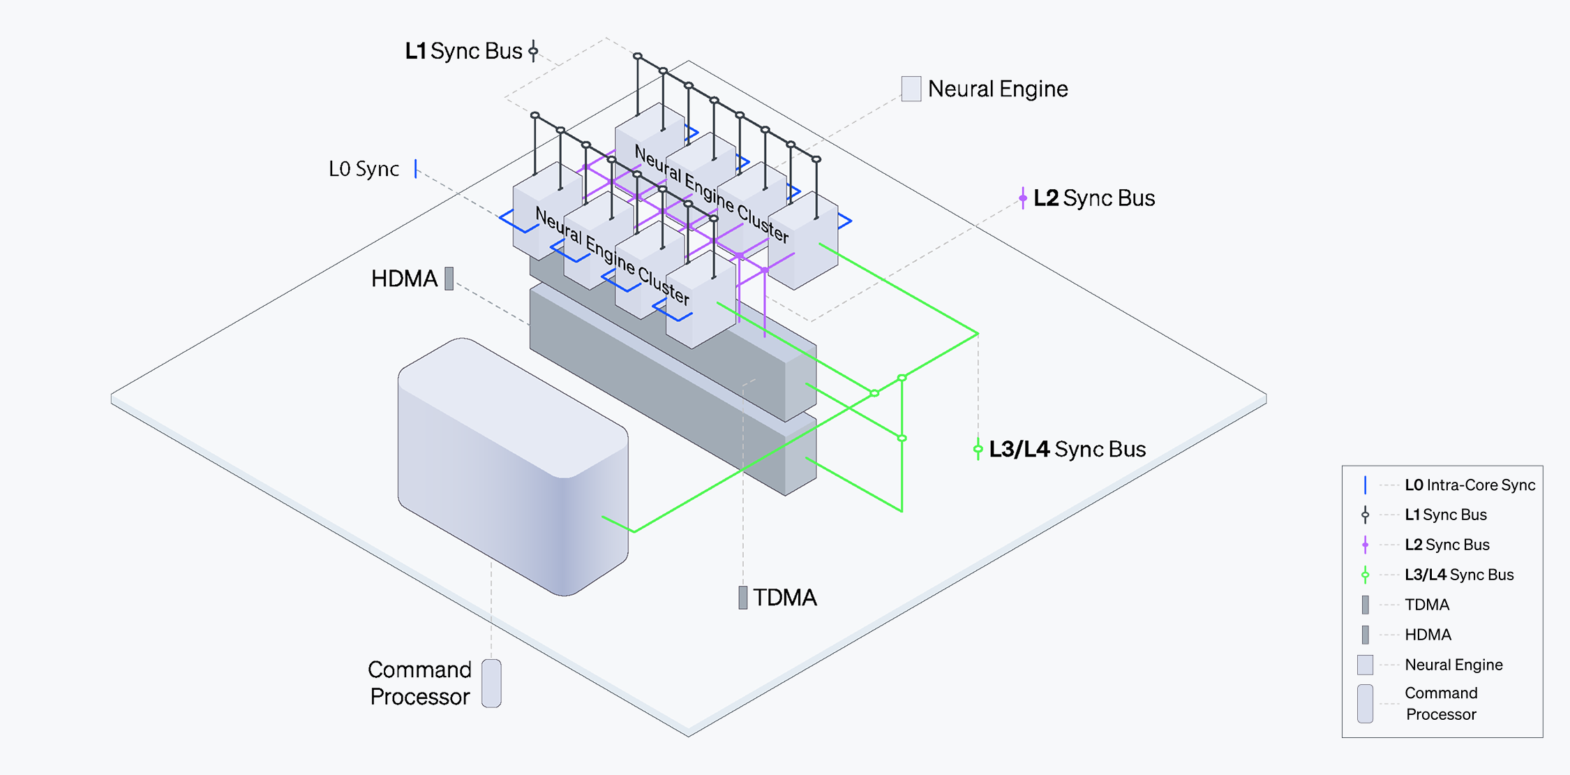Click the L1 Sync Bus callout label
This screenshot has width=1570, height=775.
point(464,51)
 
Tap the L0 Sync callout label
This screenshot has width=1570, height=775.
point(364,169)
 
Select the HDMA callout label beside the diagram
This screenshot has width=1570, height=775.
point(404,279)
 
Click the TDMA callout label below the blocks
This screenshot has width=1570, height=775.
point(784,598)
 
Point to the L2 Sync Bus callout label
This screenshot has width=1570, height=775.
point(1093,198)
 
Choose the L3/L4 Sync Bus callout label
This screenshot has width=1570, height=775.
point(1067,449)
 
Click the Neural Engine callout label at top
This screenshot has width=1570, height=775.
point(998,89)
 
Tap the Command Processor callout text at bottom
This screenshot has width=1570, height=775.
point(420,683)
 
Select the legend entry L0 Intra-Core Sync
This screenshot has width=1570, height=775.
point(1470,485)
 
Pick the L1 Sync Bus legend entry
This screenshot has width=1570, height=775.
point(1445,515)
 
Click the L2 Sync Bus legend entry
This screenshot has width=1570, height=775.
point(1446,545)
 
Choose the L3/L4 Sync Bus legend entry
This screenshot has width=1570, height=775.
point(1459,575)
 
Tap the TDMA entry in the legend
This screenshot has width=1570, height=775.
point(1427,605)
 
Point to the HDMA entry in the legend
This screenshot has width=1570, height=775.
point(1428,635)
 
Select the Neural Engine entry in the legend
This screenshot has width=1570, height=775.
point(1453,665)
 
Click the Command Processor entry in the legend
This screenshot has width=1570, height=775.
point(1441,704)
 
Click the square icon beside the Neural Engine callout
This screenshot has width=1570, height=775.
point(911,89)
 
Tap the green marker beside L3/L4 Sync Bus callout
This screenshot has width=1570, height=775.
point(978,449)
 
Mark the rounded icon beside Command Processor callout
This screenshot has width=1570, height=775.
point(491,683)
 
